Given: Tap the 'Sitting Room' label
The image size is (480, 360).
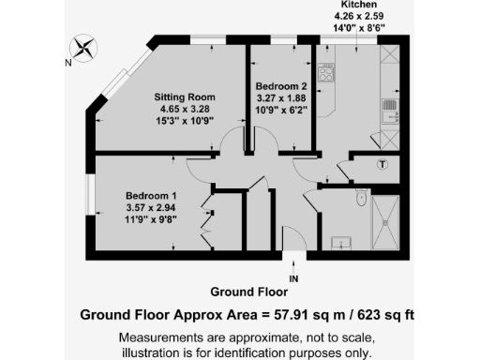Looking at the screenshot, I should pos(185,97).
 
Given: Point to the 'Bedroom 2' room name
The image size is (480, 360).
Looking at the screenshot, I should pos(281,85).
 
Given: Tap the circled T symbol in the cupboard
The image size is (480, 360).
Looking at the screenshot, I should pos(382,166).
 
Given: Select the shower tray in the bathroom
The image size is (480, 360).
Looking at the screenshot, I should pos(386,220).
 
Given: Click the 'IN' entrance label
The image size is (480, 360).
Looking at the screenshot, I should pos(293,279).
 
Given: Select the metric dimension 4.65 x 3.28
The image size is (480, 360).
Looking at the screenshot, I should pos(185,109).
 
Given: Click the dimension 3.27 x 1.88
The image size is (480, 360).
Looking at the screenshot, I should pos(281,97).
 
